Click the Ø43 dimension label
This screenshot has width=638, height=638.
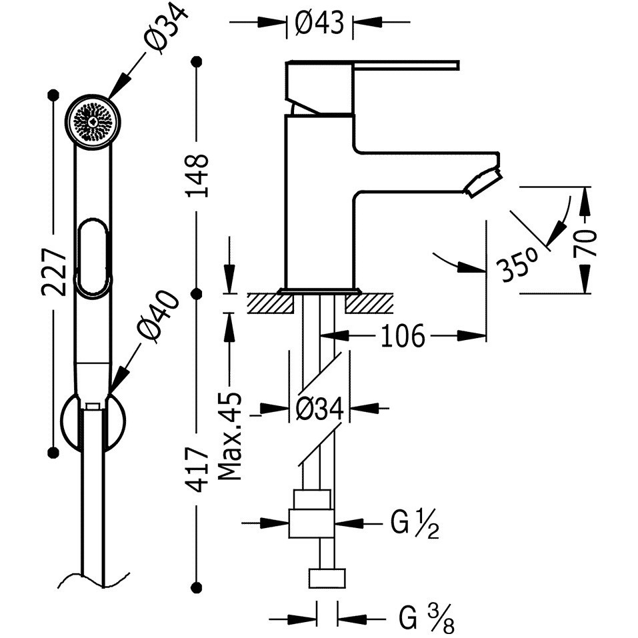tap(320, 23)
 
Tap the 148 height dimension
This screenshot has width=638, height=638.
tap(198, 176)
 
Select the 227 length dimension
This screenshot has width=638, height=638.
tap(54, 271)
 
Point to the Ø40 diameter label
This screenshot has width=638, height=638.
tap(158, 317)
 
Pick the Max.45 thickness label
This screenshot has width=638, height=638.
tap(230, 436)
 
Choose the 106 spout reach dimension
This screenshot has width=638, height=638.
tap(403, 336)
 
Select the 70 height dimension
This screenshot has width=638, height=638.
tap(585, 243)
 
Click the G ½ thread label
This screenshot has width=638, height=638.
tap(415, 525)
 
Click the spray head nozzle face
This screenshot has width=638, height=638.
tap(93, 121)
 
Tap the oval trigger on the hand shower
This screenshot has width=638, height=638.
tap(93, 257)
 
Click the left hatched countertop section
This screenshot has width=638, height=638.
tap(271, 303)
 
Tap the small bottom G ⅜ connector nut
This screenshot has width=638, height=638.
tap(327, 579)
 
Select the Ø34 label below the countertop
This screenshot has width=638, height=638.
tap(320, 408)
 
